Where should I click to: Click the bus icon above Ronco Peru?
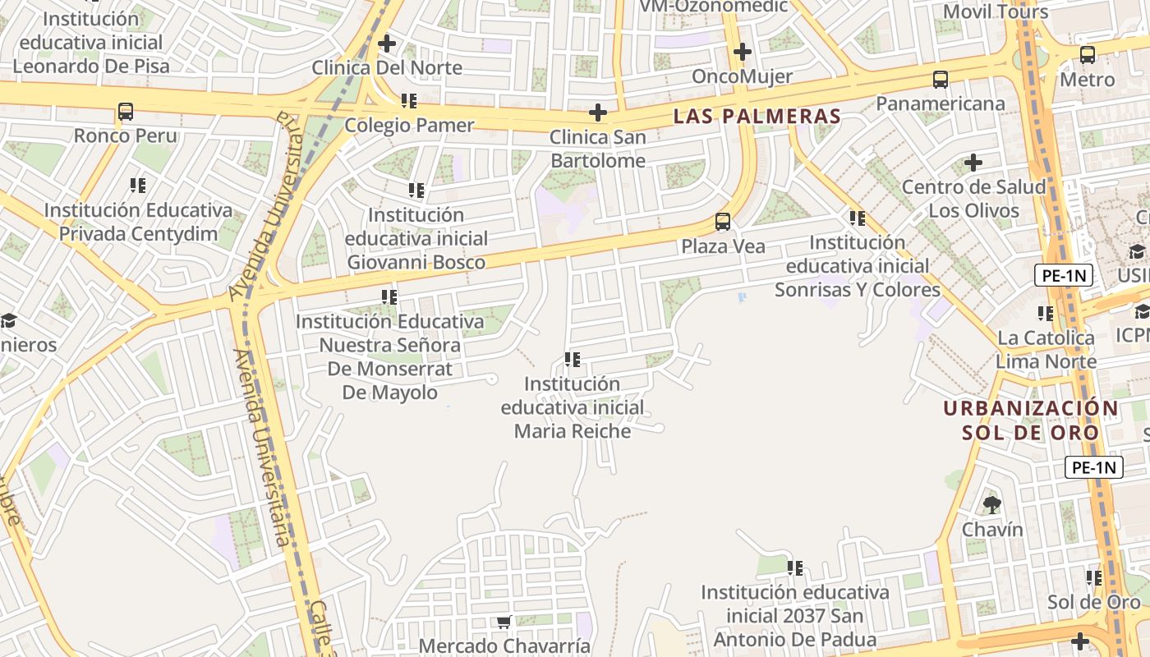point(126,111)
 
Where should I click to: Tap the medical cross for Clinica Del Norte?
point(386,43)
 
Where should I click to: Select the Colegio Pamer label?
point(409,125)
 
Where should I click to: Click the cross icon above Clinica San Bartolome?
point(598,113)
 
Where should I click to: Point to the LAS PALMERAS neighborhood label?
point(757,116)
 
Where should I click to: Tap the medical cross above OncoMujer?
point(743,52)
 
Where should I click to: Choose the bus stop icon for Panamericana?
point(941,80)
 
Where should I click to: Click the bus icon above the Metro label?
point(1088,55)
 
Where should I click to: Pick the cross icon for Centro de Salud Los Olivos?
point(973,163)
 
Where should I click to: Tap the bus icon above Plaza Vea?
point(723,222)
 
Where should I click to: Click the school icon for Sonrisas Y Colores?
point(858,218)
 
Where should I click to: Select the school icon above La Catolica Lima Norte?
point(1046,313)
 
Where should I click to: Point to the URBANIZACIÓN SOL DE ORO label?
point(1031,420)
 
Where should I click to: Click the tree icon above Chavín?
point(992,504)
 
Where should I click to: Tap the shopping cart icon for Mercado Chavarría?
point(504,623)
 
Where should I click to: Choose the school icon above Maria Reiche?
point(573,360)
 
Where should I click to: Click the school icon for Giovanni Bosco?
point(416,191)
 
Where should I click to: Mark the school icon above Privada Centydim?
point(138,186)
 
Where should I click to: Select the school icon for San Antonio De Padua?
point(794,567)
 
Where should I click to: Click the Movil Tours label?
point(996,11)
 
